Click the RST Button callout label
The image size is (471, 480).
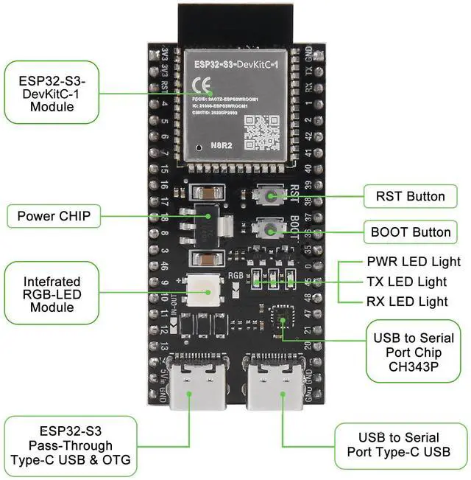[x=410, y=196]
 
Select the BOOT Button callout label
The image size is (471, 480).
[x=410, y=232]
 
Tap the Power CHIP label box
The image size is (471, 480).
[x=53, y=217]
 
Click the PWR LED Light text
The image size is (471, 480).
[x=413, y=262]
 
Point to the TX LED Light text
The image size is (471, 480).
[x=406, y=282]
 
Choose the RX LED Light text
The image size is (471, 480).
[x=407, y=301]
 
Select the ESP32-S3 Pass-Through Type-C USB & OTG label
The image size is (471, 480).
[x=71, y=445]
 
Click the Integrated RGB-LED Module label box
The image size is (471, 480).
[x=52, y=294]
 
